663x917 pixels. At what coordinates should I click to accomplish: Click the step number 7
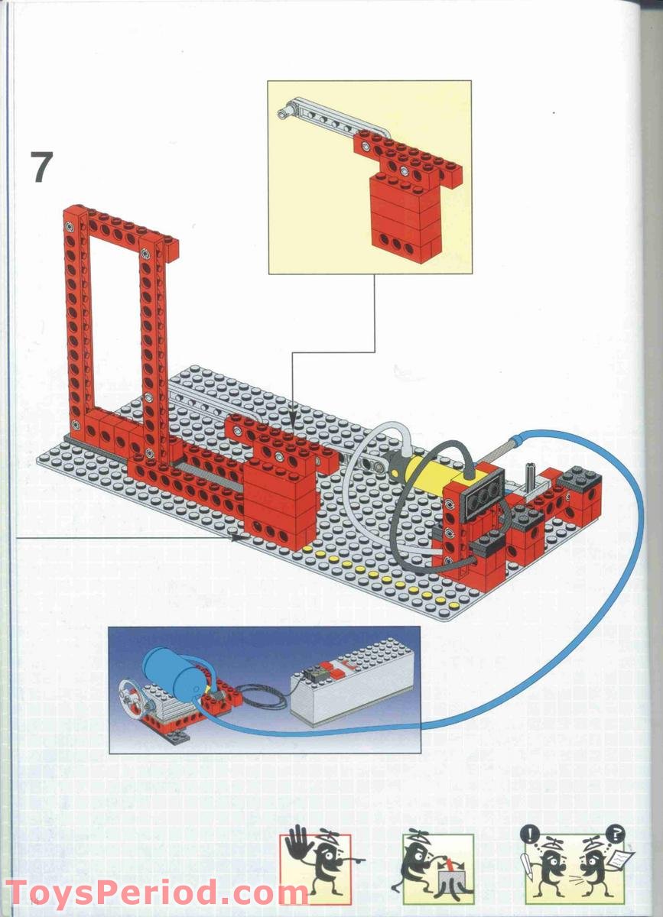coord(42,167)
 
